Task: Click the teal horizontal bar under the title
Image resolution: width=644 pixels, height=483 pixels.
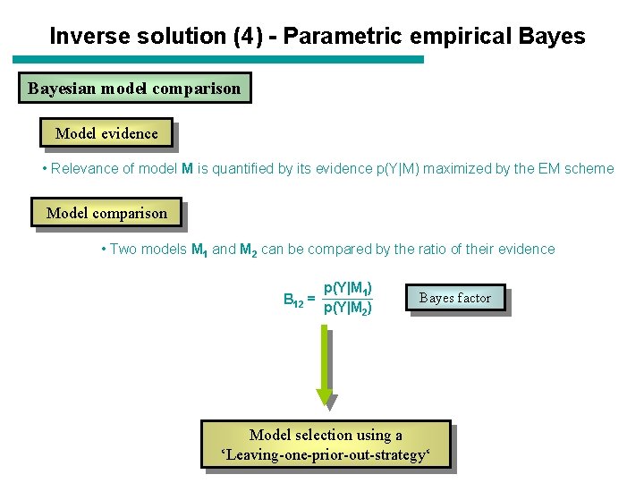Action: coord(219,60)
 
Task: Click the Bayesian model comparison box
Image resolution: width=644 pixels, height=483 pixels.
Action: coord(134,89)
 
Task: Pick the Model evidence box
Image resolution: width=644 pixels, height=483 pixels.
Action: coord(106,133)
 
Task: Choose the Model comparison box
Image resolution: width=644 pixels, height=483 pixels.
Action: coord(106,213)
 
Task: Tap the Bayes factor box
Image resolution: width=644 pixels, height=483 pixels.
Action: coord(454,298)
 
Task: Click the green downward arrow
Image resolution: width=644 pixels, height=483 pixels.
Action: coord(325,367)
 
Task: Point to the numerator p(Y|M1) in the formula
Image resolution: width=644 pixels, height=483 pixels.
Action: coord(347,288)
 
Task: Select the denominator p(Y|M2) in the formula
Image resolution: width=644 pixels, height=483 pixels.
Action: coord(347,309)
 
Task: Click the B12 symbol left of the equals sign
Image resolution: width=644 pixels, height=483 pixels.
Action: coord(292,300)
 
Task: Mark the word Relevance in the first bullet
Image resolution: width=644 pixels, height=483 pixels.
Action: coord(83,168)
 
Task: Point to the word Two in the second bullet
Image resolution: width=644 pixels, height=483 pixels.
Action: coord(124,249)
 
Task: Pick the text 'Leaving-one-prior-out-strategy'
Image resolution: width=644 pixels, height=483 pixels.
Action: coord(326,455)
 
